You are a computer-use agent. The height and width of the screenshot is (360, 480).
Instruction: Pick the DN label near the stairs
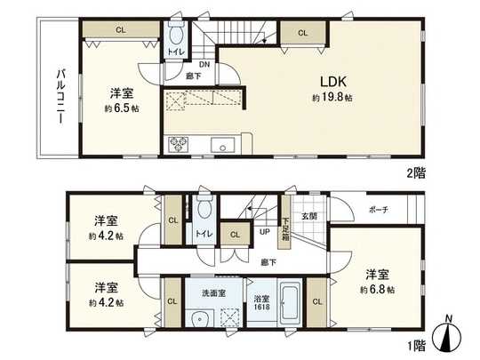click(x=204, y=65)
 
